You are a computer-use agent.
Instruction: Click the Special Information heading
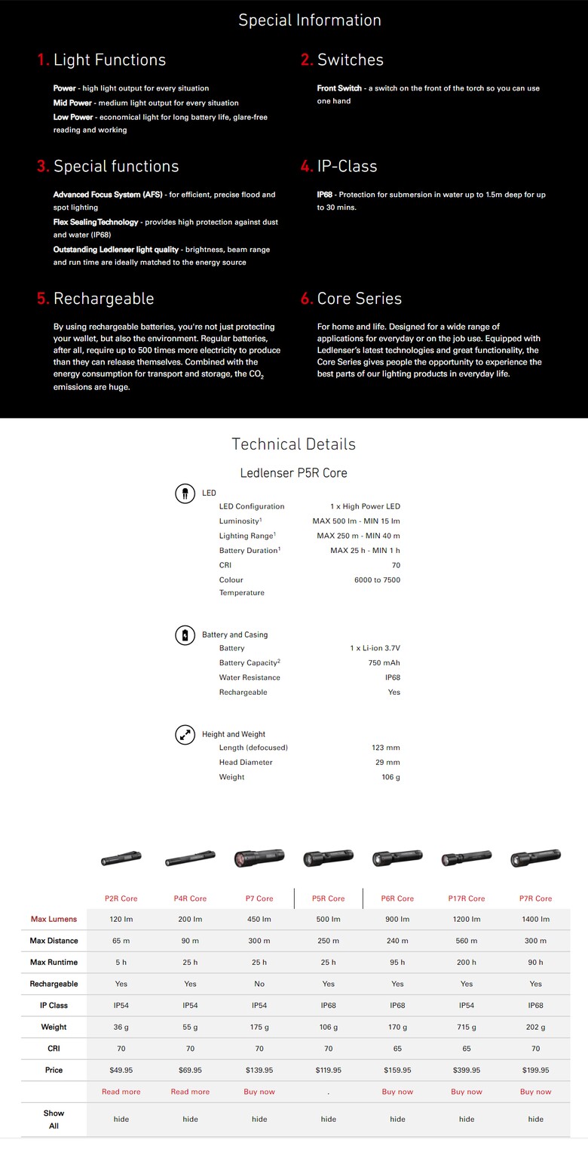[x=309, y=20]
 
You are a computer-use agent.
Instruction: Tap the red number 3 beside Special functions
[x=43, y=166]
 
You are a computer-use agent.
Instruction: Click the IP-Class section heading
[x=347, y=166]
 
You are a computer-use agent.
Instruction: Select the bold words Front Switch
[x=339, y=88]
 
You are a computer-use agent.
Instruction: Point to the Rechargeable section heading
[x=103, y=299]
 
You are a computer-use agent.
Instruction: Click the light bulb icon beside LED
[x=185, y=493]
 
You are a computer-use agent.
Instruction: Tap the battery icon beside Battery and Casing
[x=185, y=634]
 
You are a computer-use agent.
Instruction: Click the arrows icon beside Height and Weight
[x=185, y=734]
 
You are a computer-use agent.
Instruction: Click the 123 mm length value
[x=386, y=748]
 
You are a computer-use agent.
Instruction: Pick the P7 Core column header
[x=259, y=899]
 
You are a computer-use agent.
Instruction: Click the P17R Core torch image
[x=466, y=858]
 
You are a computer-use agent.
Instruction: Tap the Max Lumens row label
[x=54, y=919]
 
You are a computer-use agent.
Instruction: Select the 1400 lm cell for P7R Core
[x=536, y=919]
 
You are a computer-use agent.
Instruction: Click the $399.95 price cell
[x=467, y=1070]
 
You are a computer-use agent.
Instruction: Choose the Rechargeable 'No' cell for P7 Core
[x=259, y=984]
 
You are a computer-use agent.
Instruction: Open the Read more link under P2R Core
[x=121, y=1092]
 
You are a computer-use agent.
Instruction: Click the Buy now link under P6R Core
[x=397, y=1092]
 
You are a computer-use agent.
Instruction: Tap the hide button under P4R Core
[x=190, y=1119]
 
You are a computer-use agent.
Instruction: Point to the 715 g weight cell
[x=467, y=1027]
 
